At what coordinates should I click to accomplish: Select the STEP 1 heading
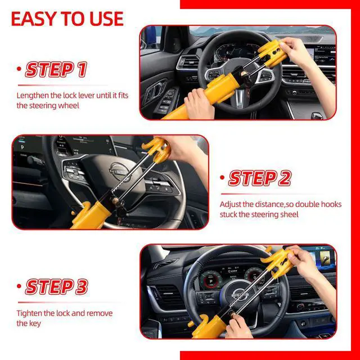tap(57, 70)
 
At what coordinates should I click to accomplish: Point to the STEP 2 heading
tap(259, 178)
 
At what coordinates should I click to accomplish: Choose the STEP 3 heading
tap(57, 287)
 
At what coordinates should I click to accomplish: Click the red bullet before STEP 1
tap(20, 71)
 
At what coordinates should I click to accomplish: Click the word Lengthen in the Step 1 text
tap(33, 96)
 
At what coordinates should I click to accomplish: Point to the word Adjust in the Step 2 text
tap(231, 204)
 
